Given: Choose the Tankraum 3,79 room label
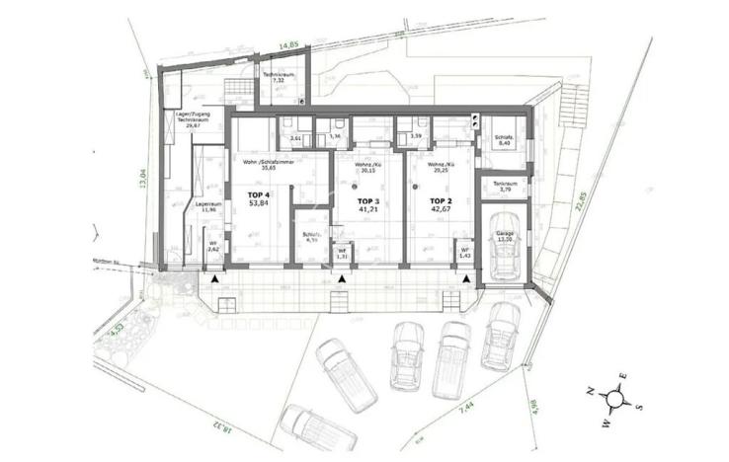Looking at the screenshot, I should tap(504, 187).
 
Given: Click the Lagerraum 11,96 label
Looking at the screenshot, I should tap(206, 207).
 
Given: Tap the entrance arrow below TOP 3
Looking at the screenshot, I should tap(342, 280).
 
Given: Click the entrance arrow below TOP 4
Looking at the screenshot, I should tap(216, 280).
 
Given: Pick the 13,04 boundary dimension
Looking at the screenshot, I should tap(143, 183).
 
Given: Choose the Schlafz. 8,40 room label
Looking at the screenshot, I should tap(504, 141).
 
